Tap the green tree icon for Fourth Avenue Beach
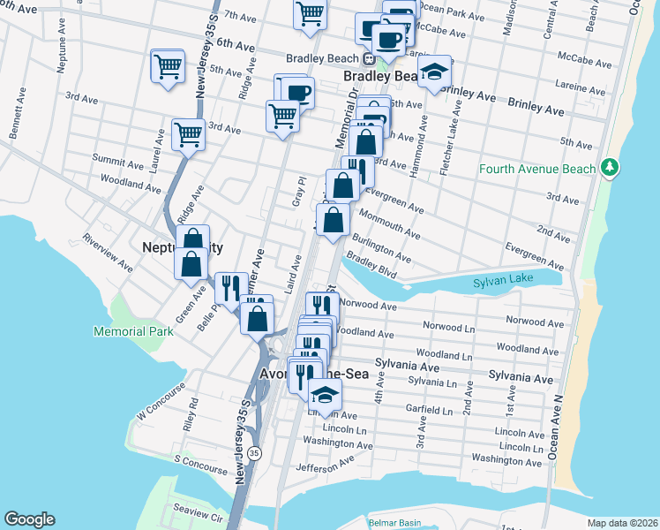click(x=609, y=167)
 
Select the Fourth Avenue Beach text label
click(x=537, y=168)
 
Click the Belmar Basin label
click(x=394, y=522)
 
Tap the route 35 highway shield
click(x=254, y=453)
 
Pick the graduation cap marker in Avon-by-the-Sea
click(x=325, y=395)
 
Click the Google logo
click(x=29, y=519)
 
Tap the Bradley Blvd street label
click(x=371, y=266)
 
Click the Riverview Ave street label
click(x=107, y=252)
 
